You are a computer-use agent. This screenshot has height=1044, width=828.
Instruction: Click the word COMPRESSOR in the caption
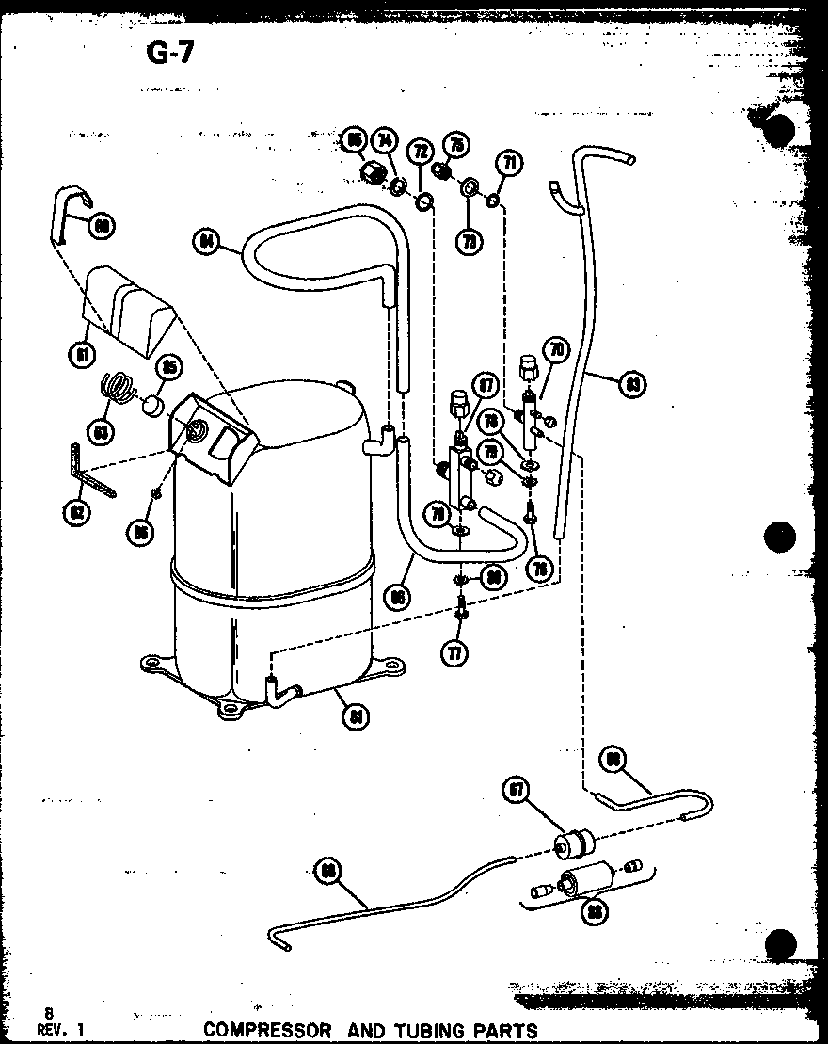coord(267,1030)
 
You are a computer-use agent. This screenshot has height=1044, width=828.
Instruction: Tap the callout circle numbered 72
coord(419,151)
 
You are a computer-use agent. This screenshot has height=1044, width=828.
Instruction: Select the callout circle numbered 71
coord(509,164)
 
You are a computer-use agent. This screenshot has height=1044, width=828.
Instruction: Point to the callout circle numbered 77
coord(456,652)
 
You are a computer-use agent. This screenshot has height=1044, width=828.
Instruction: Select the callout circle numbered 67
coord(517,791)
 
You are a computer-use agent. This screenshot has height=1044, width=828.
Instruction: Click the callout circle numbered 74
coord(384,141)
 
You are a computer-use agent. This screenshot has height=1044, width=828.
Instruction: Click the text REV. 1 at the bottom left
coord(55,1031)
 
